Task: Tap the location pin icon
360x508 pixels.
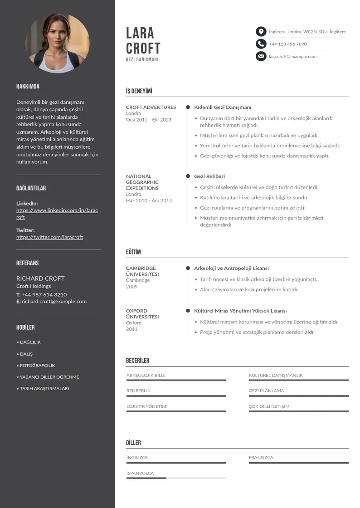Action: pyautogui.click(x=261, y=32)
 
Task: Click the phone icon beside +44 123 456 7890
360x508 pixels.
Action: pyautogui.click(x=261, y=44)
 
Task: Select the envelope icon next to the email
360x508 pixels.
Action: pyautogui.click(x=261, y=56)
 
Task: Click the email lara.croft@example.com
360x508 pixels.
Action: pyautogui.click(x=292, y=57)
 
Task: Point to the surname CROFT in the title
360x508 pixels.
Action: pyautogui.click(x=143, y=48)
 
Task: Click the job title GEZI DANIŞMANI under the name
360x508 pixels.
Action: pyautogui.click(x=142, y=60)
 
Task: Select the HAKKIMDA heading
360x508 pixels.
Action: pyautogui.click(x=28, y=87)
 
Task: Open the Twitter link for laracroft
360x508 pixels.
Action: pyautogui.click(x=49, y=237)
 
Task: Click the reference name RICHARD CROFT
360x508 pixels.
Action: pyautogui.click(x=40, y=278)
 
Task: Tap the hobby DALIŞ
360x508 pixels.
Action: pyautogui.click(x=26, y=354)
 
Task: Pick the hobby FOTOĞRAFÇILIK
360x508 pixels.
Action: pyautogui.click(x=37, y=366)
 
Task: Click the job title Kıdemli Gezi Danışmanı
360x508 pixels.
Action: pyautogui.click(x=223, y=107)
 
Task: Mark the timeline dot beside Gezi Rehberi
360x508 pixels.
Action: pyautogui.click(x=188, y=176)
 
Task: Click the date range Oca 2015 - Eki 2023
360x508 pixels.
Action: pyautogui.click(x=149, y=120)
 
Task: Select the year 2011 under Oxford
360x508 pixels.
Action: pyautogui.click(x=131, y=329)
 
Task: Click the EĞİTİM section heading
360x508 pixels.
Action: pyautogui.click(x=133, y=252)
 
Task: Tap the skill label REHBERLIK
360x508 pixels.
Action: pyautogui.click(x=138, y=391)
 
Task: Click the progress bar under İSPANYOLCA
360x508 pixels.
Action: pyautogui.click(x=176, y=478)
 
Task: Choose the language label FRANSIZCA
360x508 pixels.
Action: pyautogui.click(x=261, y=458)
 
